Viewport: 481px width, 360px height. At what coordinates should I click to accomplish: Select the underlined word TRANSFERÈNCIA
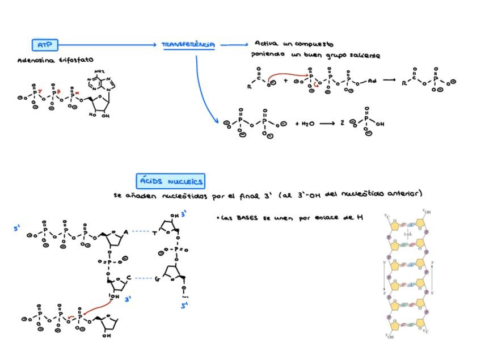tap(188, 45)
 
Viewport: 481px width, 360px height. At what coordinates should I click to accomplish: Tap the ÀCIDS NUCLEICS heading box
tap(171, 181)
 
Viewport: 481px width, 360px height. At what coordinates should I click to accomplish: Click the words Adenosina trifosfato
tap(56, 60)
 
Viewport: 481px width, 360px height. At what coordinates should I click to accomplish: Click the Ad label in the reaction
tap(372, 81)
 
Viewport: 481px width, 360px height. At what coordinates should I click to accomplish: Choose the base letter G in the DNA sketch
tap(157, 278)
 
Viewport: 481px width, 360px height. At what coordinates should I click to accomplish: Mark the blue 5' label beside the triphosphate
tap(18, 229)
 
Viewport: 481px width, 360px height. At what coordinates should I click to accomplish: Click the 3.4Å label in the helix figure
tap(407, 234)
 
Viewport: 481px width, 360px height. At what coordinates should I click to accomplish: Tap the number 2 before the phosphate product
tap(342, 123)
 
